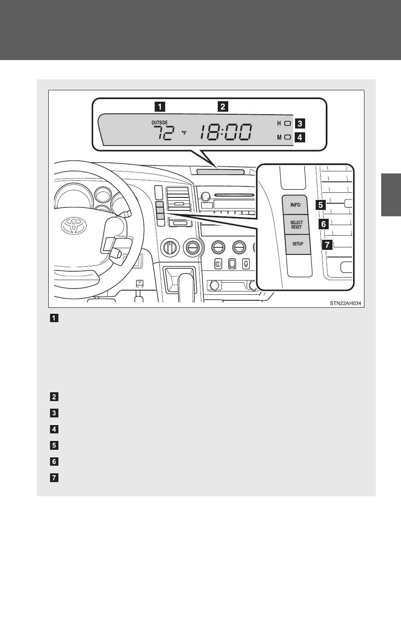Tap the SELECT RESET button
pos(296,225)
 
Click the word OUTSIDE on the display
pos(159,123)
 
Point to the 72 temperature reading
pos(163,133)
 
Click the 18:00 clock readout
pos(226,133)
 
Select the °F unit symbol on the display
pos(184,133)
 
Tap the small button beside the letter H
pos(288,123)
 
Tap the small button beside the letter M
pos(288,137)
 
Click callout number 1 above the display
pos(159,106)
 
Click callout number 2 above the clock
pos(223,106)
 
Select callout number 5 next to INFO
pos(321,205)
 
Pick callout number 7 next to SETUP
pos(327,244)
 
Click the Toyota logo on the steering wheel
pos(74,226)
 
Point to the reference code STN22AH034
pos(345,303)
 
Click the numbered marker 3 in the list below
pos(54,413)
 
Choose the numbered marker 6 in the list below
pos(54,462)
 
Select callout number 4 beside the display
pos(300,137)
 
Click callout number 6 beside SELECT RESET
pos(323,224)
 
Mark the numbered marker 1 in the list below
pos(54,318)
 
